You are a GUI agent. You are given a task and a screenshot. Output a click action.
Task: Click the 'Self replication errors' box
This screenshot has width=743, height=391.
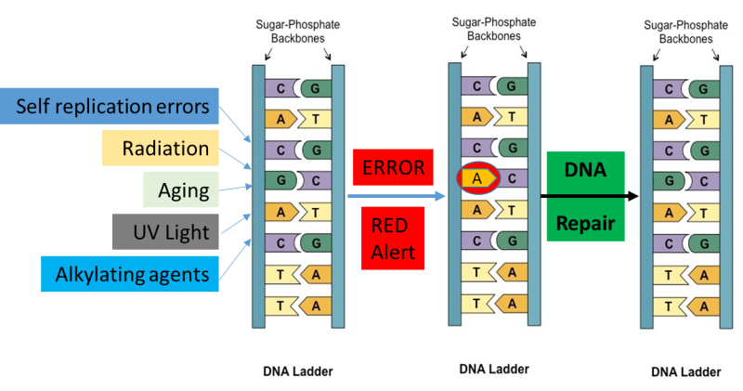pos(111,106)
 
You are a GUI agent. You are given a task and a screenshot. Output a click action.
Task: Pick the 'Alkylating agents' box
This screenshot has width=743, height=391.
pos(130,272)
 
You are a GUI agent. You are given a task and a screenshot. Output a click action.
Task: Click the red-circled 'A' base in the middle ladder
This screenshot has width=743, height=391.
pos(476,176)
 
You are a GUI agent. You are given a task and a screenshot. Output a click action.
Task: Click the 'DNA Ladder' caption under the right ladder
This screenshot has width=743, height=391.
pos(685,371)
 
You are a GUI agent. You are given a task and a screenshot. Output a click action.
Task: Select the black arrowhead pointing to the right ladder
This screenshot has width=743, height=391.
pos(632,196)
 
